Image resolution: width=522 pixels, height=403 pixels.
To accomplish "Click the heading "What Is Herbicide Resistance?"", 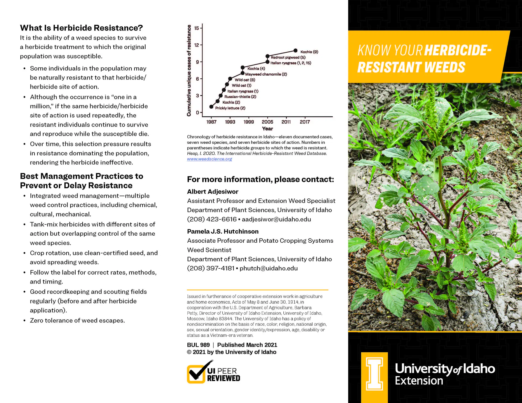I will coord(81,28).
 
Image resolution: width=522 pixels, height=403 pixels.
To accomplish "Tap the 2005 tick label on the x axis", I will coord(267,122).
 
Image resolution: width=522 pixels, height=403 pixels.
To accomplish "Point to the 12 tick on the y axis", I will coord(197,45).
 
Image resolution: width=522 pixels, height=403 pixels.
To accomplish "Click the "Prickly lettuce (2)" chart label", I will coord(230,108).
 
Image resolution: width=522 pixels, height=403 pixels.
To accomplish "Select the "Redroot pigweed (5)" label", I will coord(288,57).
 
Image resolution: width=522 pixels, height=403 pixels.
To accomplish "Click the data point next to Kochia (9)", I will coord(295,51).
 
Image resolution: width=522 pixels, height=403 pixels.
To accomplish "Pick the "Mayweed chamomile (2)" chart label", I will coord(266,74).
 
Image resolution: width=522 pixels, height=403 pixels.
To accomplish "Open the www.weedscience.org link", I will coord(209,159).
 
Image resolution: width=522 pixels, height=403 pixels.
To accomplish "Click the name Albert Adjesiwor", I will coord(213,192).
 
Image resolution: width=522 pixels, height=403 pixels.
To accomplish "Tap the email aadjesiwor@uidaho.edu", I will coord(276,219).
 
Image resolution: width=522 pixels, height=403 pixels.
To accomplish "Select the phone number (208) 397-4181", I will coord(211,268).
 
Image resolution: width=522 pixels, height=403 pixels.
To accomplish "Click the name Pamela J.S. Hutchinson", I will coord(223,231).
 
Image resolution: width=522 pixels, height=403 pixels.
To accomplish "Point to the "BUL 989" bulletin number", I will coord(198,345).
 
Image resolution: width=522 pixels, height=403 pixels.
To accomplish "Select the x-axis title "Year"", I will coord(267,129).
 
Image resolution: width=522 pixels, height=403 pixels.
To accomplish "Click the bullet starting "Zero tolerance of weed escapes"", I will coord(77,320).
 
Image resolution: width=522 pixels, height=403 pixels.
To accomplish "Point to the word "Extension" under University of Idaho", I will coord(419,381).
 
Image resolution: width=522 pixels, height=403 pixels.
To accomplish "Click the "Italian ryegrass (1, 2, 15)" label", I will coord(291,63).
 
